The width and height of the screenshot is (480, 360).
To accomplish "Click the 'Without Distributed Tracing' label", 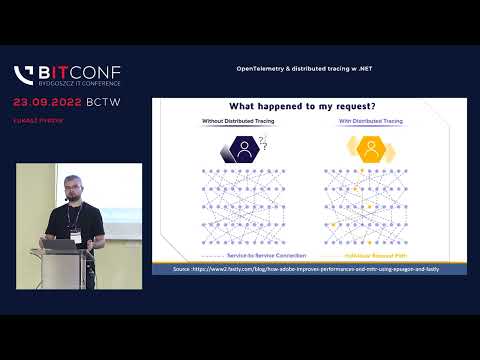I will [236, 122].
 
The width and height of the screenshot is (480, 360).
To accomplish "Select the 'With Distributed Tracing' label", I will [370, 122].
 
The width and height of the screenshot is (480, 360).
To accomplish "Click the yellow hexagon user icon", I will [371, 149].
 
